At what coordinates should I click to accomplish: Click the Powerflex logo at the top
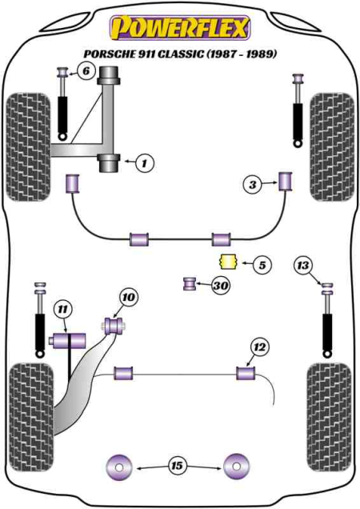pyautogui.click(x=180, y=28)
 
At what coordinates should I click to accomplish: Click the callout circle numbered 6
pyautogui.click(x=86, y=70)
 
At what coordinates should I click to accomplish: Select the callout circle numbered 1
pyautogui.click(x=145, y=163)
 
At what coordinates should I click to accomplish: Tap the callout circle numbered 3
pyautogui.click(x=253, y=185)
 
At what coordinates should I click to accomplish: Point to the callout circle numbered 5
pyautogui.click(x=262, y=265)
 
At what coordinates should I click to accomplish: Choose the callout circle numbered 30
pyautogui.click(x=221, y=286)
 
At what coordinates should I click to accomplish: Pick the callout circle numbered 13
pyautogui.click(x=303, y=265)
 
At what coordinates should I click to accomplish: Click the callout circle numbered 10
pyautogui.click(x=129, y=297)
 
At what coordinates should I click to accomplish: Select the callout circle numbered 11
pyautogui.click(x=63, y=310)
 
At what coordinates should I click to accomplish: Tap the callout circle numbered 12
pyautogui.click(x=260, y=347)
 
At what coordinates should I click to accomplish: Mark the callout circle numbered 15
pyautogui.click(x=178, y=466)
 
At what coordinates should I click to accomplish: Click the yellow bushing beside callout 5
pyautogui.click(x=229, y=262)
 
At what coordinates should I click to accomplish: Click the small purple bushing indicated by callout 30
pyautogui.click(x=190, y=283)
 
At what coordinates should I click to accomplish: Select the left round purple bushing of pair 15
pyautogui.click(x=120, y=467)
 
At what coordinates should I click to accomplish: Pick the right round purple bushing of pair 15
pyautogui.click(x=237, y=467)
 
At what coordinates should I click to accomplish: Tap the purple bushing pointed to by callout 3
pyautogui.click(x=286, y=181)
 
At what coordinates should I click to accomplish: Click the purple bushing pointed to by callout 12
pyautogui.click(x=246, y=373)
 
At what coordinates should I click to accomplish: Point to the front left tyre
pyautogui.click(x=29, y=147)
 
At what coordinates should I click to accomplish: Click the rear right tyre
pyautogui.click(x=330, y=418)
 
